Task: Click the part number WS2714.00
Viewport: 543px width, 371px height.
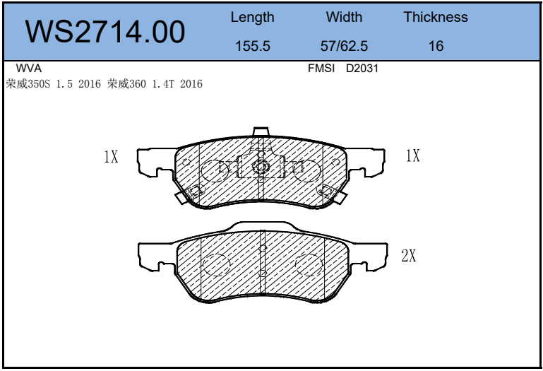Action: coord(105,32)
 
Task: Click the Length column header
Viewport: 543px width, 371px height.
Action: coord(253,18)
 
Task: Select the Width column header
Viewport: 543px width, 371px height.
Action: coord(344,17)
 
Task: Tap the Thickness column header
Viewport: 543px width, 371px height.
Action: coord(436,17)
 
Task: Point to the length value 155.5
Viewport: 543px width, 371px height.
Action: coord(253,46)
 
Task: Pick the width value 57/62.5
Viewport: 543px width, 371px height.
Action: coord(344,46)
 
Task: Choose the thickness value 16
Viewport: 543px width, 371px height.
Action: coord(436,46)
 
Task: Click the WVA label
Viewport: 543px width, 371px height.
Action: coord(29,69)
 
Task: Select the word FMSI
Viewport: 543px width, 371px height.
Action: coord(321,69)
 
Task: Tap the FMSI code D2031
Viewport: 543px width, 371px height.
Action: coord(362,69)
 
